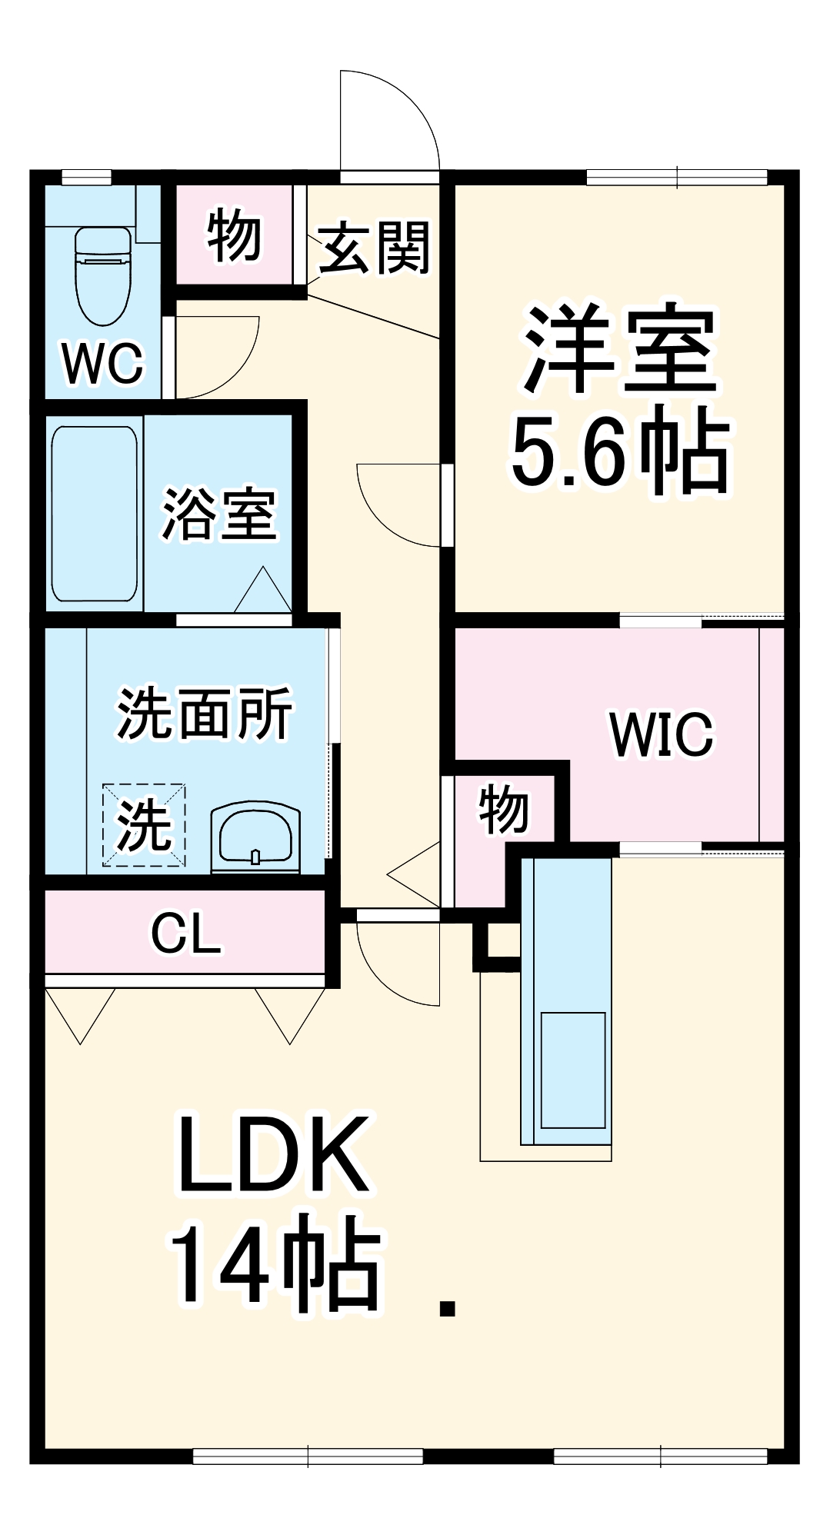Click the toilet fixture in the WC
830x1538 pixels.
(x=102, y=277)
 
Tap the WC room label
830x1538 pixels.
(x=102, y=363)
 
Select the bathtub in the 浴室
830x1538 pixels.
(x=95, y=514)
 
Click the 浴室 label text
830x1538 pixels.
(x=218, y=514)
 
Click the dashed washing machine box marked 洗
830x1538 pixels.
(x=144, y=825)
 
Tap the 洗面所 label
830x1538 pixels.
(x=205, y=714)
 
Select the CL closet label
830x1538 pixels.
(x=186, y=934)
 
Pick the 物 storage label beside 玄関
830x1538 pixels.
(x=234, y=235)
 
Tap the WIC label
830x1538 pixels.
(x=662, y=734)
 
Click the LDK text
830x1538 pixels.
(x=273, y=1154)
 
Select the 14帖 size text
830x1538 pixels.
(x=275, y=1264)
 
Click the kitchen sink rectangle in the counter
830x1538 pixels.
(x=572, y=1070)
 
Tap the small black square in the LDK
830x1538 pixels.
(x=447, y=1308)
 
